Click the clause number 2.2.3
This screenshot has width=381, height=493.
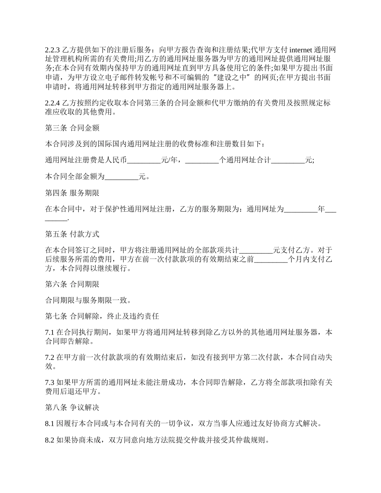coord(52,50)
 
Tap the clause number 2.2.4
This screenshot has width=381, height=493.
coord(52,103)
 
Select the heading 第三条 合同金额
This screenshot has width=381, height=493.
coord(72,128)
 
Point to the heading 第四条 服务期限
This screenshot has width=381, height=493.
coord(72,192)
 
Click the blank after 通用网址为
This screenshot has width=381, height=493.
coord(300,209)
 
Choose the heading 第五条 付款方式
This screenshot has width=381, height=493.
coord(72,234)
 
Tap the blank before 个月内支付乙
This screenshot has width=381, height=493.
coord(271,259)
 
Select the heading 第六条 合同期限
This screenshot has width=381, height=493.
coord(72,284)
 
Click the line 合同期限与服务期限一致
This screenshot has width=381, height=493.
coord(88,300)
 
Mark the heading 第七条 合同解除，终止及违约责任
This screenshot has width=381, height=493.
coord(102,316)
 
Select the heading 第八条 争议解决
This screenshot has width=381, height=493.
coord(72,408)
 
